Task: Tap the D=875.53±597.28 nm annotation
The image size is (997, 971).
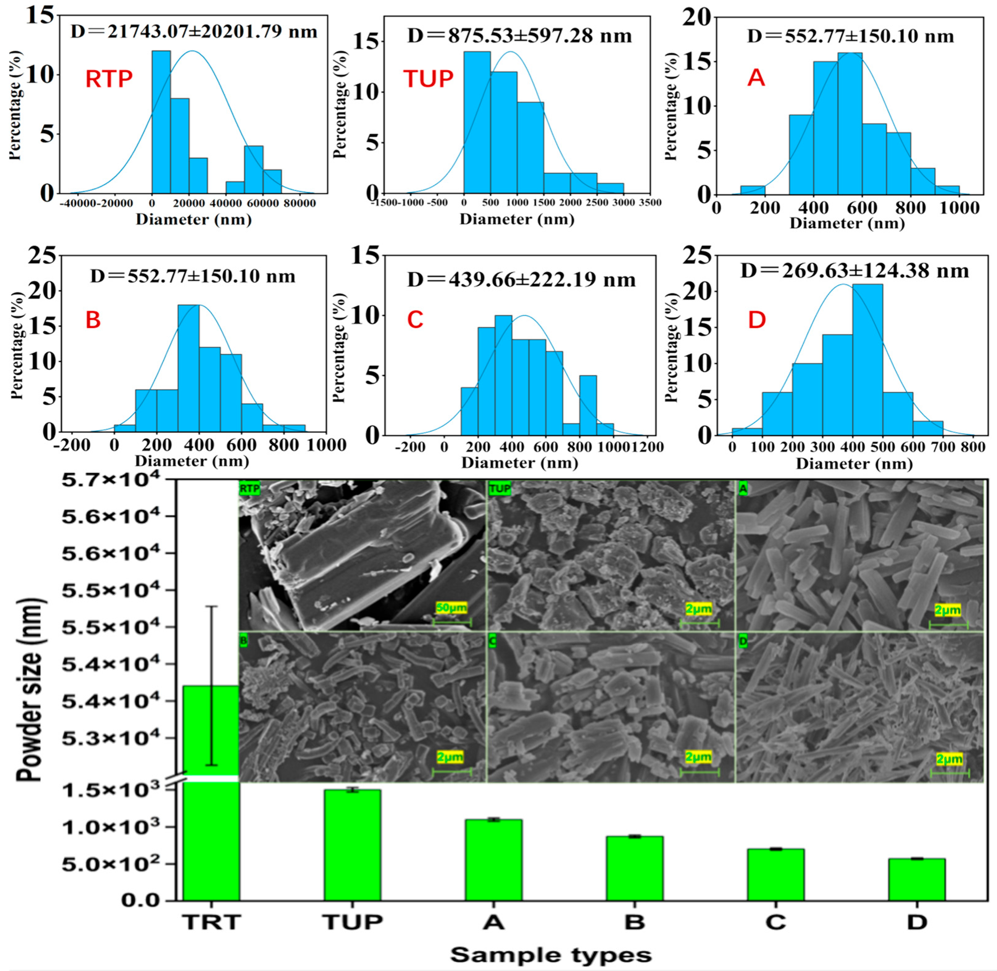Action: click(519, 36)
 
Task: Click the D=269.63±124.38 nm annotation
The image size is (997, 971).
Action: click(854, 271)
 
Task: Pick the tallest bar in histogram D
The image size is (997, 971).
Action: click(867, 359)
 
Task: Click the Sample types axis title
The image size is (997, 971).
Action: click(551, 955)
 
